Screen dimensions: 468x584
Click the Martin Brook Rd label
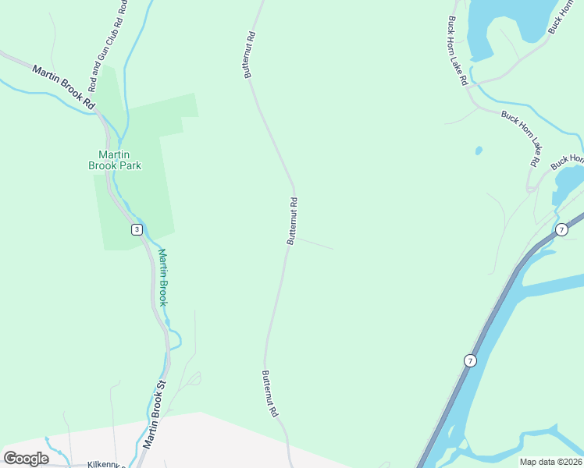[x=63, y=87]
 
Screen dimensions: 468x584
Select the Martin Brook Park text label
[x=114, y=160]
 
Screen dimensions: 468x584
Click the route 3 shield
[x=137, y=229]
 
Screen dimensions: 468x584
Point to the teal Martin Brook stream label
[x=162, y=277]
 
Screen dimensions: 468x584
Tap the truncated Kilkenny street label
[x=105, y=463]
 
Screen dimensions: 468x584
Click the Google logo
[x=27, y=458]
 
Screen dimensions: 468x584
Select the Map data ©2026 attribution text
[x=551, y=462]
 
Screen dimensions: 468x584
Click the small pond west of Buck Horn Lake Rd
[x=479, y=151]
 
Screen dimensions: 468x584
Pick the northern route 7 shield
[x=561, y=229]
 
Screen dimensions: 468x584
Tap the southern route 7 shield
[x=469, y=360]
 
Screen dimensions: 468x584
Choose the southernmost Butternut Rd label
[x=270, y=394]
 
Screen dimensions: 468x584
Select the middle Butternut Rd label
[x=292, y=221]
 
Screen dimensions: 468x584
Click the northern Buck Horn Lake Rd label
[x=458, y=51]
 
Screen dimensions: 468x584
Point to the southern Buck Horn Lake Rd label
[x=522, y=137]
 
